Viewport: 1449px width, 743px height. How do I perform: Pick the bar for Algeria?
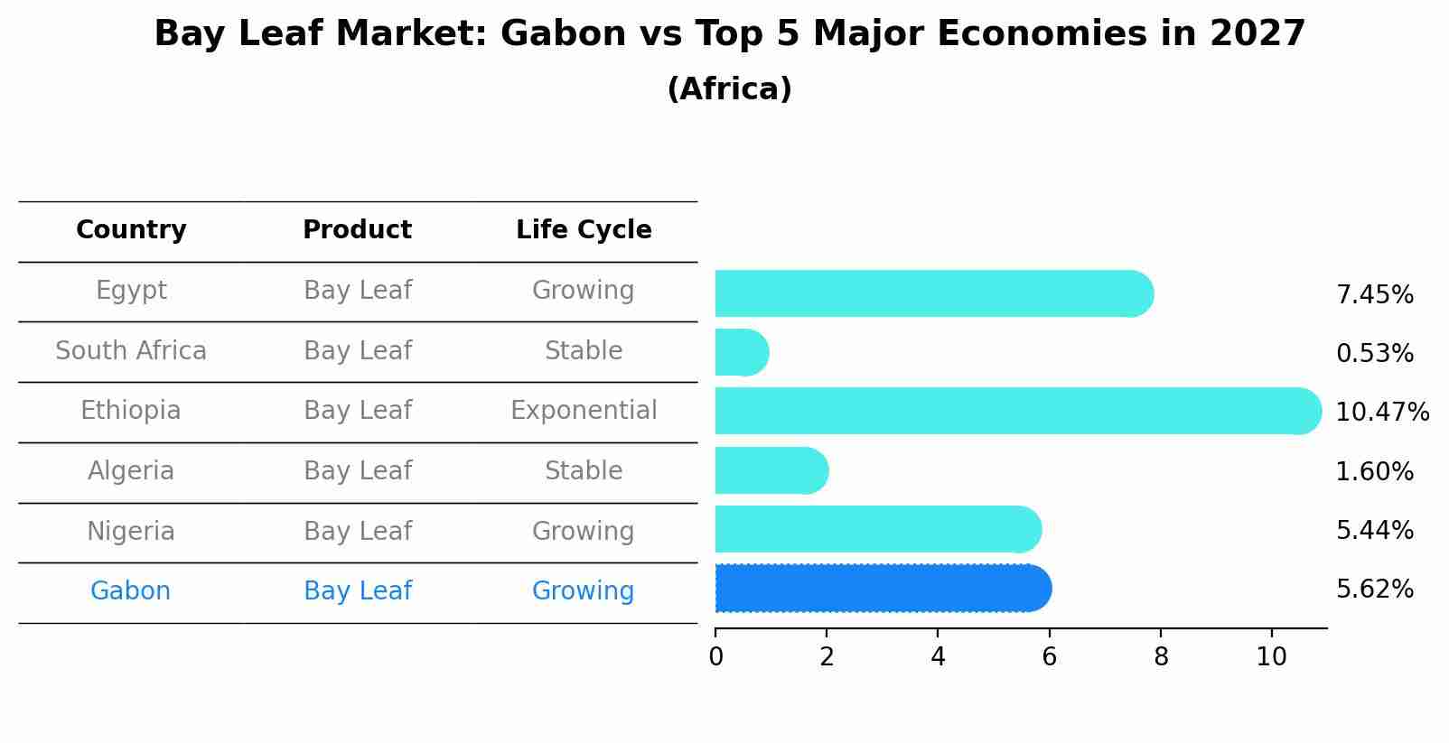[771, 470]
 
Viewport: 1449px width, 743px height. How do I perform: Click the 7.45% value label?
[1374, 295]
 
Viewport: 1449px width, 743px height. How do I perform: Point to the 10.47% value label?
[1381, 413]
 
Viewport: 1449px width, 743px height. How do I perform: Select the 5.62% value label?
[1374, 590]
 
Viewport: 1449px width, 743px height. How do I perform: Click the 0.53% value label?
[1374, 354]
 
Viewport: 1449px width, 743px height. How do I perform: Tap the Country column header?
[131, 230]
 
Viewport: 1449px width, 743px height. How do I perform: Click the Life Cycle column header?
[584, 230]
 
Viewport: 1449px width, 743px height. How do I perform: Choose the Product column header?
[357, 230]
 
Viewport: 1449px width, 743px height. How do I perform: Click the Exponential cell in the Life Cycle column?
[584, 411]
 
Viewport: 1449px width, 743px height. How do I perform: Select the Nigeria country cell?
[131, 531]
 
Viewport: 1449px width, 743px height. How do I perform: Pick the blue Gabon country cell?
[130, 591]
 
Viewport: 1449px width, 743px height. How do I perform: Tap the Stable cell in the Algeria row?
[584, 471]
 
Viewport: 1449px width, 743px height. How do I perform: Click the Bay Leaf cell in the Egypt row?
[357, 291]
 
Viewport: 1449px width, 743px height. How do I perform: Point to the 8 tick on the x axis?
[1161, 657]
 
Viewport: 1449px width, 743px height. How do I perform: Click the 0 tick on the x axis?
[715, 657]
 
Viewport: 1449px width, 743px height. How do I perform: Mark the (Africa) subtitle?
[729, 89]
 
